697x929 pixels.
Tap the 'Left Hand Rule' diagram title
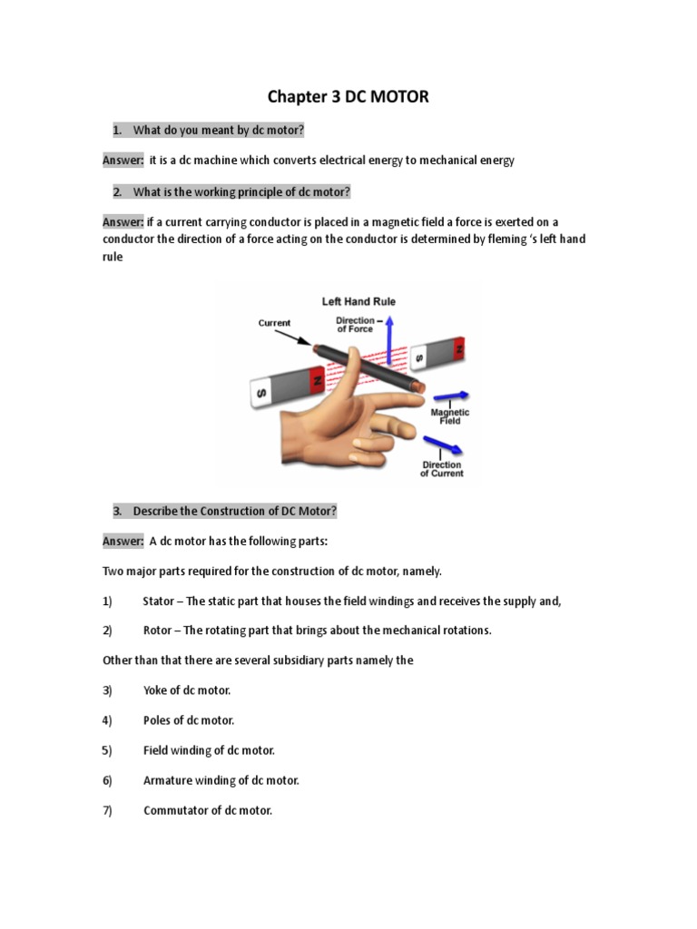coord(358,301)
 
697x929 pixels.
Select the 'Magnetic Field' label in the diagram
coord(449,416)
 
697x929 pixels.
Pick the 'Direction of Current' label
coord(441,469)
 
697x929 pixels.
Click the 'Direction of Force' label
coord(355,325)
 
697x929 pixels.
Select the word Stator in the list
coord(160,601)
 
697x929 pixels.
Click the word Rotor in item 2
coord(159,631)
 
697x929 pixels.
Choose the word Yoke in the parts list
coord(156,690)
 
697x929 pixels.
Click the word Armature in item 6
coord(168,780)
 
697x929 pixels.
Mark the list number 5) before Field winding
coord(107,750)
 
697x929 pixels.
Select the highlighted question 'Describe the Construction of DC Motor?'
coord(234,512)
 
